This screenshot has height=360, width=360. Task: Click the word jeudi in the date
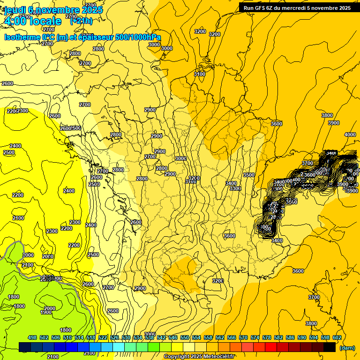(x=14, y=10)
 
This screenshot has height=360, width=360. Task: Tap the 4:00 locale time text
(x=32, y=21)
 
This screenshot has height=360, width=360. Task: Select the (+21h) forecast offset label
(x=82, y=21)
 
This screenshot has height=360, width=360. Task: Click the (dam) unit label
(x=347, y=348)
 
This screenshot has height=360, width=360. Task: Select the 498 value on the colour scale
(x=32, y=337)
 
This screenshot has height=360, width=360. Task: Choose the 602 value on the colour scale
(x=337, y=337)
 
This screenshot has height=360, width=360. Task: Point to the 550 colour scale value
(x=185, y=337)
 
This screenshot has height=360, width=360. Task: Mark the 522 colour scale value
(x=103, y=337)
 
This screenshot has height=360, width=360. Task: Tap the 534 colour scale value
(x=138, y=337)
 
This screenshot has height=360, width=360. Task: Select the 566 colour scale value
(x=232, y=337)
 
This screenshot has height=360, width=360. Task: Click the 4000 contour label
(x=350, y=135)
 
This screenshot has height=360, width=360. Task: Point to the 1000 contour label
(x=28, y=255)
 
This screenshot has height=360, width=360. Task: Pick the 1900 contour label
(x=46, y=312)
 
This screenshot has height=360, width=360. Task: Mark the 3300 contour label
(x=235, y=188)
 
